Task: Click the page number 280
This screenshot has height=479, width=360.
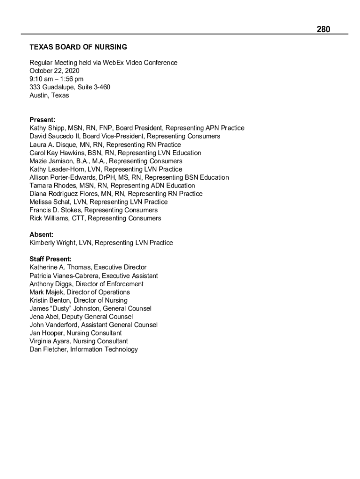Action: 323,29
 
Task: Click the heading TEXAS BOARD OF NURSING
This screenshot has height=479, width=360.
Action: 78,47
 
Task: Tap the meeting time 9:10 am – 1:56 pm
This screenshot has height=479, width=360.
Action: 57,79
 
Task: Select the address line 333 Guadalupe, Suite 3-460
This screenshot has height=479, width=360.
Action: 70,87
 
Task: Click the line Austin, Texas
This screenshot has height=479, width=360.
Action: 49,95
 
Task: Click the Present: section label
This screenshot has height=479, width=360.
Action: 42,120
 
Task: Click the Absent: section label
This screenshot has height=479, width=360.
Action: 41,234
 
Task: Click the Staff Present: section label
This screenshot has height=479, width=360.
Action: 50,259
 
